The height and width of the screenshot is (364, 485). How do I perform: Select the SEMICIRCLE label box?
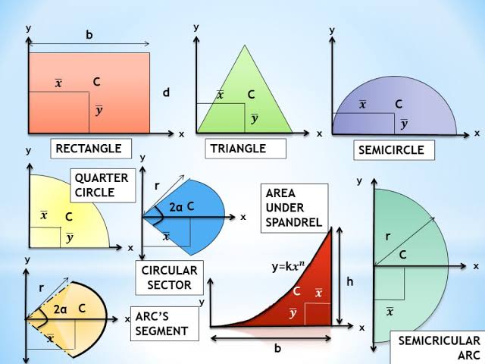[394, 150]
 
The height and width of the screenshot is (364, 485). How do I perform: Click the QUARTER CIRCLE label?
[102, 185]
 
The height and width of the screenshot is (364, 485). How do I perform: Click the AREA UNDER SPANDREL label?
[295, 208]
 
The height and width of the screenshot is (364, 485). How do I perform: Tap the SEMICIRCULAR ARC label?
[438, 348]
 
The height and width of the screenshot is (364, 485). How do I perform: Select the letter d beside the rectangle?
[166, 93]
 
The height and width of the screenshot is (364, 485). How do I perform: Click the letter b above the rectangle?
[89, 35]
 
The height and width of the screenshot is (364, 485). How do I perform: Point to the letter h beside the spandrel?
[349, 281]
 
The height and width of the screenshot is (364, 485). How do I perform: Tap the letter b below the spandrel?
[277, 349]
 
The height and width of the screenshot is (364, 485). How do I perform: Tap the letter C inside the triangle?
[251, 95]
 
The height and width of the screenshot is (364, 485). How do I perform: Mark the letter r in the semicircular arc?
[387, 237]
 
